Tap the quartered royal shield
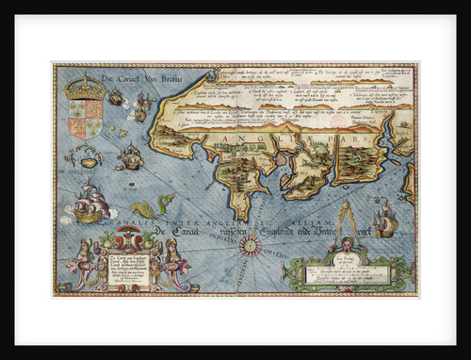(87, 119)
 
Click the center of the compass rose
(252, 247)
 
